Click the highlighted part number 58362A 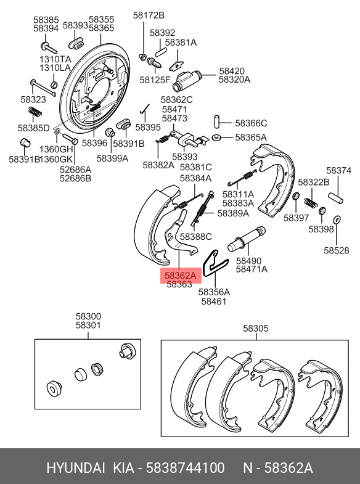(x=181, y=276)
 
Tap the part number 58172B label (x=149, y=15)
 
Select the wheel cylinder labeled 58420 (x=187, y=81)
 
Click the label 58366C (x=251, y=123)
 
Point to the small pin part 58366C (x=217, y=121)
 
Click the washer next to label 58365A (x=216, y=137)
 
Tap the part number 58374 (x=338, y=170)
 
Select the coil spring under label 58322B (x=311, y=203)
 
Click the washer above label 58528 (x=337, y=219)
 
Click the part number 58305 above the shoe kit (x=256, y=328)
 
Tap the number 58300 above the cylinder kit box (x=88, y=316)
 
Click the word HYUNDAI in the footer (x=76, y=468)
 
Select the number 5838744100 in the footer (x=185, y=468)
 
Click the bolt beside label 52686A (x=70, y=139)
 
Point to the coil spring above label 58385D (x=35, y=112)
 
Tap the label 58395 (x=148, y=127)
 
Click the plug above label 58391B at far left (x=25, y=142)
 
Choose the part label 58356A (x=214, y=292)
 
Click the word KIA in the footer (x=123, y=468)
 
